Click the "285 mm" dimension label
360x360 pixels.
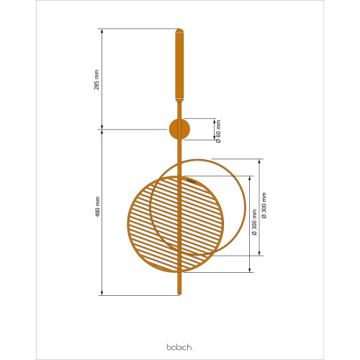click(96, 80)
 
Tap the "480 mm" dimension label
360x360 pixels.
click(97, 207)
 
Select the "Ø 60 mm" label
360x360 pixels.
click(218, 132)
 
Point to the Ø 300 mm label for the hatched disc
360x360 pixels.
click(255, 222)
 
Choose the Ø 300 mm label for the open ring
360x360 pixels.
click(264, 205)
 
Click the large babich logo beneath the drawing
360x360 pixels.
click(180, 347)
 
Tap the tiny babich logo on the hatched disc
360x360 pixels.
click(192, 181)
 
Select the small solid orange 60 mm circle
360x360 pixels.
click(179, 129)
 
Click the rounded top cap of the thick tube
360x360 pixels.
click(179, 32)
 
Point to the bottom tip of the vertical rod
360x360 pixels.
click(179, 294)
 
